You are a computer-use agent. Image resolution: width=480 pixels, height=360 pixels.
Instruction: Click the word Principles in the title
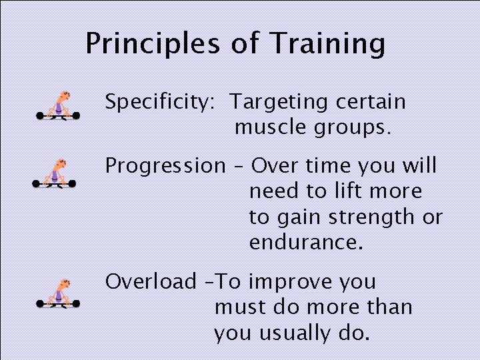pyautogui.click(x=153, y=44)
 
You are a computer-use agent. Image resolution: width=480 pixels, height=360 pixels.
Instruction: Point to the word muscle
pyautogui.click(x=268, y=127)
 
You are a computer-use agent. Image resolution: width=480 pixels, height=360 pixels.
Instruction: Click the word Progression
pyautogui.click(x=165, y=166)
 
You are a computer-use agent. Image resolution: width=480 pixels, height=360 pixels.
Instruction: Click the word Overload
pyautogui.click(x=151, y=281)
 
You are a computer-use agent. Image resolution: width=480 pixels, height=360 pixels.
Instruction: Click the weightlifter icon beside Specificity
pyautogui.click(x=58, y=106)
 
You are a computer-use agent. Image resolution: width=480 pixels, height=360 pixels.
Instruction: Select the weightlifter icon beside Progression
pyautogui.click(x=54, y=174)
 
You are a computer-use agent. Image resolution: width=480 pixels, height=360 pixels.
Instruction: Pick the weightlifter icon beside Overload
pyautogui.click(x=58, y=294)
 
